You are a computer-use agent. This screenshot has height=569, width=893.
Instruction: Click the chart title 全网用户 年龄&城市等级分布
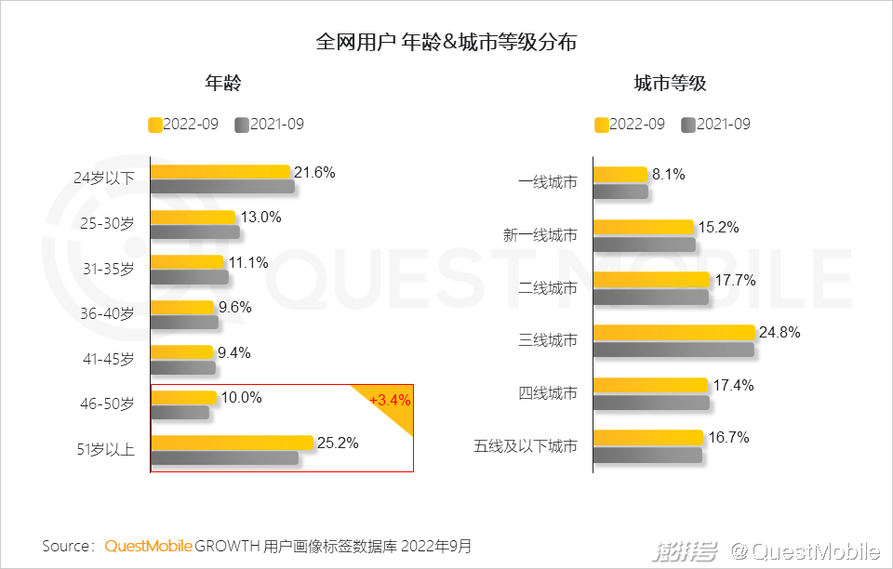(x=446, y=43)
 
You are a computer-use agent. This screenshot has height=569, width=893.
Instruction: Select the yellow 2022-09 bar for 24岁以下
(x=220, y=171)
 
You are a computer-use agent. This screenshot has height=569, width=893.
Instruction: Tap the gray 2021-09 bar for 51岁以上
(x=224, y=457)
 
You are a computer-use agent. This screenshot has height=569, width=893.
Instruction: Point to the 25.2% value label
(x=338, y=443)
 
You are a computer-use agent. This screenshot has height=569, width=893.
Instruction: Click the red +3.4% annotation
(x=390, y=400)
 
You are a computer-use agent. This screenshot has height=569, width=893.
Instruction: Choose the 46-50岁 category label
(x=107, y=404)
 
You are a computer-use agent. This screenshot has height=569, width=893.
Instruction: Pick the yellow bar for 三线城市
(x=673, y=333)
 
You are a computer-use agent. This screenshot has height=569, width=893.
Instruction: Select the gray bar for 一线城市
(x=620, y=191)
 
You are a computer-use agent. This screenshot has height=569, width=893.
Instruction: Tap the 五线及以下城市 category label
(x=526, y=446)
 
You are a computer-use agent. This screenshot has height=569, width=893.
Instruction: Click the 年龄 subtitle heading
(x=223, y=84)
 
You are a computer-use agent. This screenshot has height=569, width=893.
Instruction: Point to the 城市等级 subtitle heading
(x=670, y=84)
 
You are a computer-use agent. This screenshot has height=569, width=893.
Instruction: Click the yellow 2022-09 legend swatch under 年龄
(x=155, y=125)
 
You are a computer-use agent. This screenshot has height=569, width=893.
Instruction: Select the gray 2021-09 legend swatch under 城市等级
(x=688, y=125)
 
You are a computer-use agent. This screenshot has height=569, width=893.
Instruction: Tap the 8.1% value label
(x=669, y=174)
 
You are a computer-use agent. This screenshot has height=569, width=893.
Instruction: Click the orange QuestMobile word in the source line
(x=148, y=546)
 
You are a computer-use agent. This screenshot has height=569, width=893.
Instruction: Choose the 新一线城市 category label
(x=540, y=235)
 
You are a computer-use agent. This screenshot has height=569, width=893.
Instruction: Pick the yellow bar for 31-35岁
(x=187, y=262)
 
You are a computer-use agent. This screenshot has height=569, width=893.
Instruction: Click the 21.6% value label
(x=314, y=172)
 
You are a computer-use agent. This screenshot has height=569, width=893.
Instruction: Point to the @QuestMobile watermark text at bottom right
(x=805, y=551)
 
